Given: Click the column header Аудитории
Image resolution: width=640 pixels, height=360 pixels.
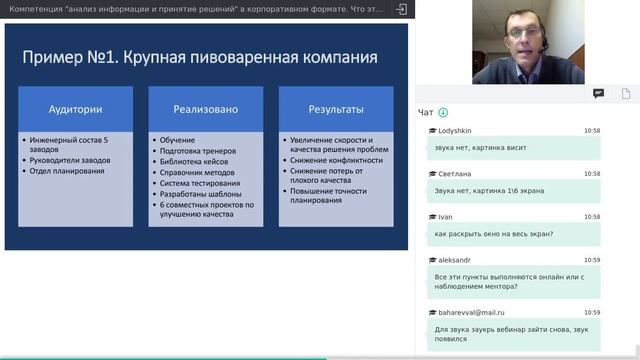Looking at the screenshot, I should [x=76, y=109].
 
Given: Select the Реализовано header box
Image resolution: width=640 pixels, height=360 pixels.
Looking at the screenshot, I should [x=206, y=109].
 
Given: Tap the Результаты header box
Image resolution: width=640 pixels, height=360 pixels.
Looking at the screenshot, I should [x=336, y=109].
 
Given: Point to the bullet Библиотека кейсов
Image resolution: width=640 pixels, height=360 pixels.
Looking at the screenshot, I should [x=194, y=162].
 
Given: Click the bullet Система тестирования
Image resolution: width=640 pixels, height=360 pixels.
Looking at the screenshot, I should [x=200, y=183].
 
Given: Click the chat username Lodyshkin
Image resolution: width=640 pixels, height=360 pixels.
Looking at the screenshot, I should [x=456, y=131].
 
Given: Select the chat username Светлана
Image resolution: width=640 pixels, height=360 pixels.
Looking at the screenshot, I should [x=454, y=173].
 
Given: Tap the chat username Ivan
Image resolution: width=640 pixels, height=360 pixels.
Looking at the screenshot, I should [x=446, y=216].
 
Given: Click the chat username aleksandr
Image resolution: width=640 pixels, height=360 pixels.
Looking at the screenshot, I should [x=455, y=259].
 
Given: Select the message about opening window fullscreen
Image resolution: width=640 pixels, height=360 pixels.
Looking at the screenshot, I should [x=494, y=233].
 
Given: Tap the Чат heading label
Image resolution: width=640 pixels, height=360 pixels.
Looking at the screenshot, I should [x=426, y=112].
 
